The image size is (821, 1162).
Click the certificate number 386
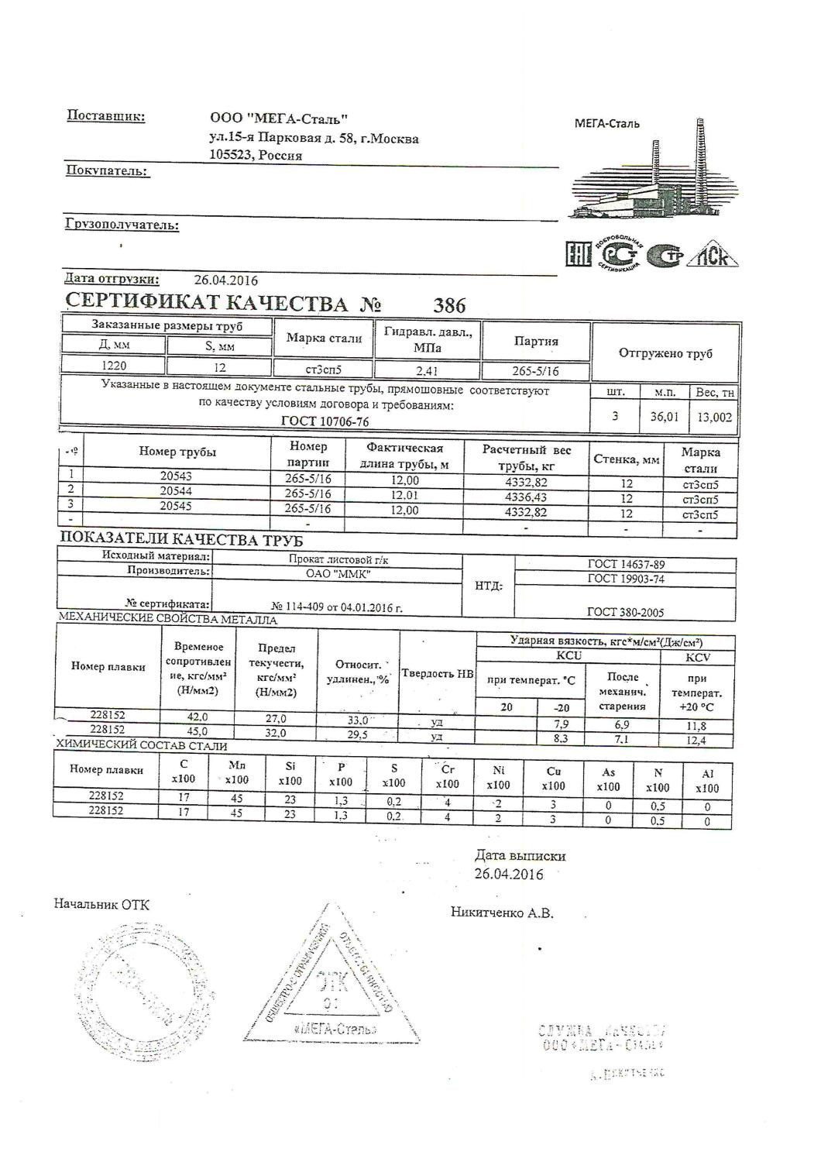pyautogui.click(x=449, y=305)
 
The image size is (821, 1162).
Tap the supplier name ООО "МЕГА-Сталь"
pyautogui.click(x=279, y=119)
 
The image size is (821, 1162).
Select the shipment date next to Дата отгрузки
pyautogui.click(x=225, y=280)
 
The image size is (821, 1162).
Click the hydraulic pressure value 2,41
pyautogui.click(x=428, y=370)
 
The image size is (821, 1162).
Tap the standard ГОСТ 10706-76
pyautogui.click(x=325, y=421)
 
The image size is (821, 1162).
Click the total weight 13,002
pyautogui.click(x=714, y=417)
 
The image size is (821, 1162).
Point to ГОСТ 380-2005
pyautogui.click(x=625, y=612)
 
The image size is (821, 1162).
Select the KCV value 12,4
pyautogui.click(x=696, y=741)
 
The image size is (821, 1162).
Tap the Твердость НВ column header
pyautogui.click(x=437, y=673)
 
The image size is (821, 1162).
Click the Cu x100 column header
pyautogui.click(x=553, y=778)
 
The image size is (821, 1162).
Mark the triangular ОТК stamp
pyautogui.click(x=331, y=982)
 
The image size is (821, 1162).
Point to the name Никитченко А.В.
pyautogui.click(x=502, y=913)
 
